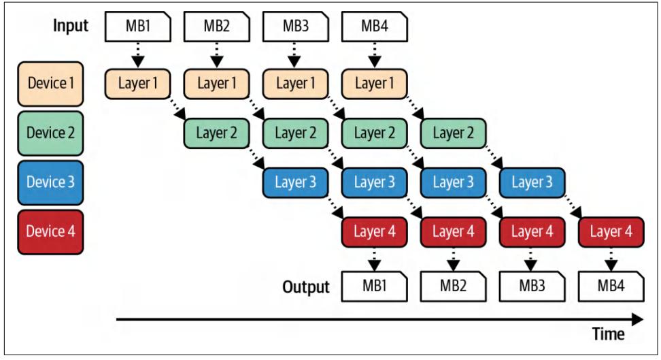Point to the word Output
coord(306,285)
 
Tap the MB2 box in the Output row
coord(452,286)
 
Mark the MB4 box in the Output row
coord(609,286)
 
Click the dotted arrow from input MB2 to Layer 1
coord(215,54)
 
